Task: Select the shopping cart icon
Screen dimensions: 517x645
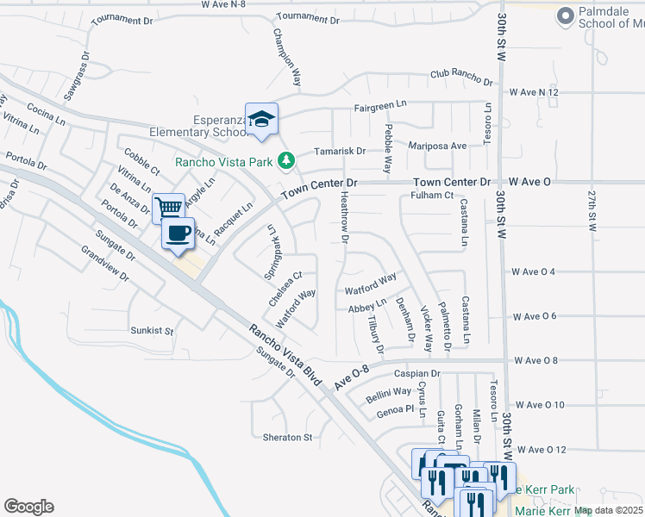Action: pos(168,207)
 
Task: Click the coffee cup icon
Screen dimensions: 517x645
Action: pos(178,233)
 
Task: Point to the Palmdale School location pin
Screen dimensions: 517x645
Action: pos(566,16)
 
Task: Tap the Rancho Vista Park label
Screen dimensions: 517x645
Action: pos(223,161)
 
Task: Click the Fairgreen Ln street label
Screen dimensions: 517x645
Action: pos(379,105)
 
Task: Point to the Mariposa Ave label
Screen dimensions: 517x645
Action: pos(437,146)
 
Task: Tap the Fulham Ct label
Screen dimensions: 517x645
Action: pos(432,196)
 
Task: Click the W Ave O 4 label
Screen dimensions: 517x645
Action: pos(533,272)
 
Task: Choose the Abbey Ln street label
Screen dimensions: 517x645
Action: pos(366,307)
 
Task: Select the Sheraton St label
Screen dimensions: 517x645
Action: pos(287,438)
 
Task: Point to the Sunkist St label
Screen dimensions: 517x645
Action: pos(152,331)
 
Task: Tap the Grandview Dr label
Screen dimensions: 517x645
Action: pos(103,265)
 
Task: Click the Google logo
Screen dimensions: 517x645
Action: pos(28,507)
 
